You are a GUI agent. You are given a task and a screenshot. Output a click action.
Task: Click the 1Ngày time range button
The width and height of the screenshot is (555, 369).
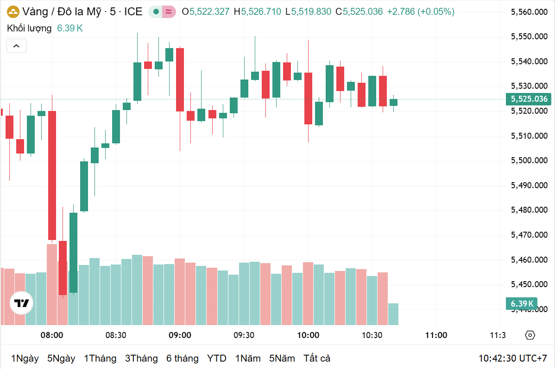25,358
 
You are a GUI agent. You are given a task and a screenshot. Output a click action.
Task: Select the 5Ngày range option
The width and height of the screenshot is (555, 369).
61,358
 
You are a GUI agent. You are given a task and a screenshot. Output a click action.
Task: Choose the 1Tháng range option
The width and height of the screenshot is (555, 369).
100,358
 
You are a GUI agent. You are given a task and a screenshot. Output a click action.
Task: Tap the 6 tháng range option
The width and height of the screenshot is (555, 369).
182,358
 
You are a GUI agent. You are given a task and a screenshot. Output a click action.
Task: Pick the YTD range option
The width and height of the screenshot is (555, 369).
216,358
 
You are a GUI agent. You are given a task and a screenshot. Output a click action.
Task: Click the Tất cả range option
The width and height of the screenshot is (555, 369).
317,358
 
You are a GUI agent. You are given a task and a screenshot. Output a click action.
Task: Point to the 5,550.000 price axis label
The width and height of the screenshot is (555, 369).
529,37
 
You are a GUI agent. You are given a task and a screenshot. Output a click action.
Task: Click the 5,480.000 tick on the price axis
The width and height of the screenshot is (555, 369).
529,210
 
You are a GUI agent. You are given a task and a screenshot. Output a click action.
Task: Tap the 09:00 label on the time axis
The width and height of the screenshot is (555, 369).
180,335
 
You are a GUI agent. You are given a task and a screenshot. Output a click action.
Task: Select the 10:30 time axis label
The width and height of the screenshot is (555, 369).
372,335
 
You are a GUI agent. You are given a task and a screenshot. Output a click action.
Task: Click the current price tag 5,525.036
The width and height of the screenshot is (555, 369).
529,99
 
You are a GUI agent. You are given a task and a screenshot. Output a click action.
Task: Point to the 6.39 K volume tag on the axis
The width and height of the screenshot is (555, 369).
522,304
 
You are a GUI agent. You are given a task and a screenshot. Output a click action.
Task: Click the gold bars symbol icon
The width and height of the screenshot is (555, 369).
14,12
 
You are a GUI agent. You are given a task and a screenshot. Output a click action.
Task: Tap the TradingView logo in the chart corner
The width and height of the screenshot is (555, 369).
21,303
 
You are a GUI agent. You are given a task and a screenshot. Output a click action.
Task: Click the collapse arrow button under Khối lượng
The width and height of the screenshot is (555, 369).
16,46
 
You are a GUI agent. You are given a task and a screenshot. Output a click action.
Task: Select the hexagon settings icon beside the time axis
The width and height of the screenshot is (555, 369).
530,335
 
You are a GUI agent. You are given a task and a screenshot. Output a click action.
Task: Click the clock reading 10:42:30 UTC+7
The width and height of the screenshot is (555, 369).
513,358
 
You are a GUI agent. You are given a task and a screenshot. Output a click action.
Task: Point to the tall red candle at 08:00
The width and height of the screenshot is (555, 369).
52,175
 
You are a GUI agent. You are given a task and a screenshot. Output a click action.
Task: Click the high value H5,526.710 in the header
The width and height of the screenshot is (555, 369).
258,12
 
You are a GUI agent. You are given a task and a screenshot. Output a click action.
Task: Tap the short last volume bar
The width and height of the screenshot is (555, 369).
393,314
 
